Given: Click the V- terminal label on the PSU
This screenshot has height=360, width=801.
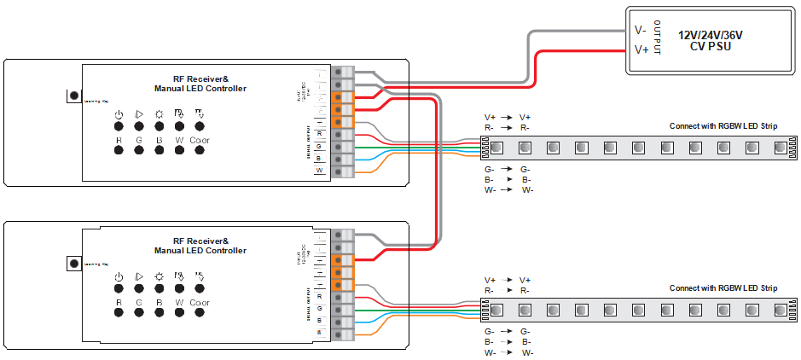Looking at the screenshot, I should pyautogui.click(x=641, y=30).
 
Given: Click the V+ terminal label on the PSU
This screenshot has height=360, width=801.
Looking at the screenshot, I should pyautogui.click(x=641, y=50).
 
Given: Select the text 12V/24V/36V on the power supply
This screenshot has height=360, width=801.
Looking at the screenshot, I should pyautogui.click(x=710, y=35).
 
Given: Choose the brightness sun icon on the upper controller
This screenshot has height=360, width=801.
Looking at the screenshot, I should pyautogui.click(x=159, y=114).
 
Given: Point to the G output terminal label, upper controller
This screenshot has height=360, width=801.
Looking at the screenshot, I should pyautogui.click(x=319, y=146).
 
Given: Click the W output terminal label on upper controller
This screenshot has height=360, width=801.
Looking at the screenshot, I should pyautogui.click(x=319, y=171).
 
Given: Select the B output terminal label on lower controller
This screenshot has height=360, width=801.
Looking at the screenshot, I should pyautogui.click(x=319, y=320).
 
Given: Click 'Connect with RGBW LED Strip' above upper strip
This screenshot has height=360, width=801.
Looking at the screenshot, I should pyautogui.click(x=723, y=126).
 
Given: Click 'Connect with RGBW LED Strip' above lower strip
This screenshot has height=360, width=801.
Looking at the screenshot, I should pyautogui.click(x=723, y=288).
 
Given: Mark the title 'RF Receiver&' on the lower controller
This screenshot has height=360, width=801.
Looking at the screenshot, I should pyautogui.click(x=200, y=241).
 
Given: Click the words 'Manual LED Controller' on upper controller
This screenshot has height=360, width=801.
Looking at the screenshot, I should pyautogui.click(x=200, y=89).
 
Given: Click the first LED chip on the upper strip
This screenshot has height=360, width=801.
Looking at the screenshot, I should pyautogui.click(x=499, y=148).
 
